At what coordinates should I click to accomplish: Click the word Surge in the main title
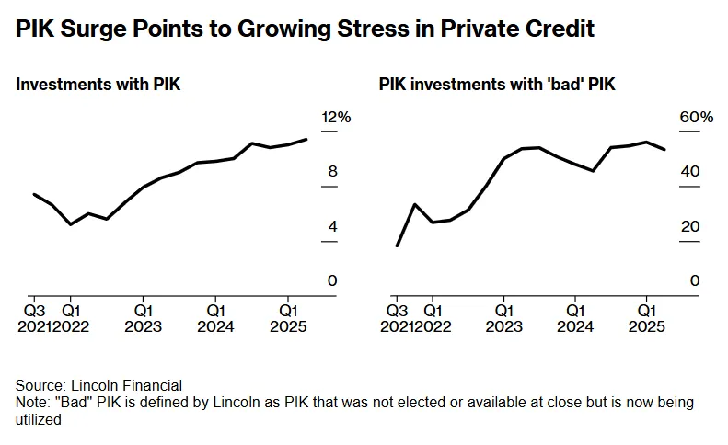pyautogui.click(x=100, y=29)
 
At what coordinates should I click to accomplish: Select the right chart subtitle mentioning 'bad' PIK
pyautogui.click(x=497, y=85)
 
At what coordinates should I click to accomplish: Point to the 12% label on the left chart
pyautogui.click(x=336, y=117)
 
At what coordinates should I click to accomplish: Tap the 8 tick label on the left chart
pyautogui.click(x=332, y=171)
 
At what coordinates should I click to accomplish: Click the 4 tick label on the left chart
pyautogui.click(x=332, y=226)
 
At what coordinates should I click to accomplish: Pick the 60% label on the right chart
pyautogui.click(x=696, y=117)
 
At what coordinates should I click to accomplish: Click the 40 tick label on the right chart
pyautogui.click(x=696, y=171)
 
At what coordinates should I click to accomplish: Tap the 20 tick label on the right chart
pyautogui.click(x=696, y=226)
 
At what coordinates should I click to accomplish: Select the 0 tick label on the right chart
pyautogui.click(x=696, y=280)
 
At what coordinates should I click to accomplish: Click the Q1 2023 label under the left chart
pyautogui.click(x=143, y=318)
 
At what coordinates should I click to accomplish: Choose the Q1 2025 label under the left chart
pyautogui.click(x=287, y=318)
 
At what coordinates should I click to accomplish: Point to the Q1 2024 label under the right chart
pyautogui.click(x=575, y=318)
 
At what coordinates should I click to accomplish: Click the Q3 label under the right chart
pyautogui.click(x=396, y=310)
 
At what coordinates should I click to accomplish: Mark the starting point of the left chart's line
pyautogui.click(x=34, y=194)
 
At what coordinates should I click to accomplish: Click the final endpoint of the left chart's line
pyautogui.click(x=306, y=139)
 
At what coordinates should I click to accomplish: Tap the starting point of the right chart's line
pyautogui.click(x=397, y=245)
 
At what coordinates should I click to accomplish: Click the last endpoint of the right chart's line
pyautogui.click(x=665, y=149)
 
